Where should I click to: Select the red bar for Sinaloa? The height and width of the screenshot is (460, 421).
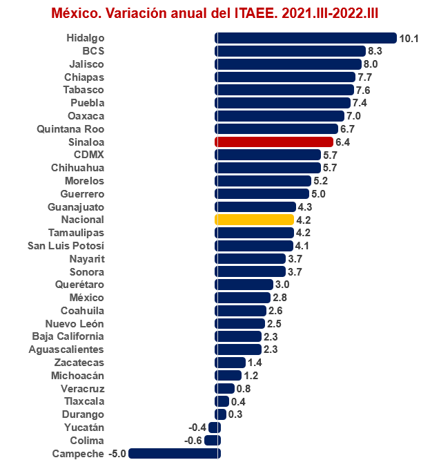[x=274, y=142]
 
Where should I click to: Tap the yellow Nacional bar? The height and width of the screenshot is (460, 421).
[x=255, y=220]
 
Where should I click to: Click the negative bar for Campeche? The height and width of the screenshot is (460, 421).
[x=174, y=453]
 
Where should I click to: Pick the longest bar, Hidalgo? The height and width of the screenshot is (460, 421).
[x=306, y=38]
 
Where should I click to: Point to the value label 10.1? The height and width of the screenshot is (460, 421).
[x=409, y=38]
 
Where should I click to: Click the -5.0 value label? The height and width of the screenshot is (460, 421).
[x=116, y=453]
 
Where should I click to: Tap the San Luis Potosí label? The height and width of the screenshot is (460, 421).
[x=66, y=245]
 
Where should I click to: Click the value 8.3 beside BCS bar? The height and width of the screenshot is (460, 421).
[x=375, y=51]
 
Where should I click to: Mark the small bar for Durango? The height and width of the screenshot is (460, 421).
[x=221, y=414]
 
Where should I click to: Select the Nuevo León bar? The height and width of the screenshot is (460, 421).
[x=239, y=323]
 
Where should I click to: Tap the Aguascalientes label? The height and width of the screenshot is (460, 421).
[x=68, y=349]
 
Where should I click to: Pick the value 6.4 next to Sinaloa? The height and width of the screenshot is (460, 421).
[x=344, y=142]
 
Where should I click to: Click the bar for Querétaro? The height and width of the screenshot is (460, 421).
[x=244, y=285]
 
